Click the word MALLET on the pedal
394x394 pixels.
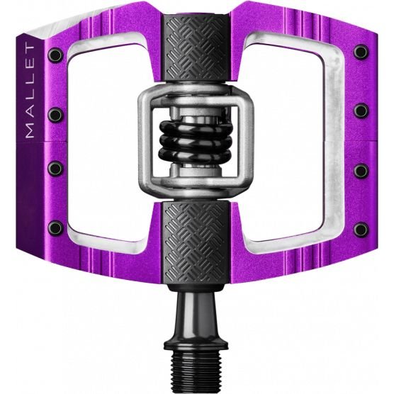pos(30,91)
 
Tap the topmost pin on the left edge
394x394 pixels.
pos(55,55)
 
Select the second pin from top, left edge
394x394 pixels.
pos(55,115)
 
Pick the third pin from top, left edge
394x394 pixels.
pos(55,168)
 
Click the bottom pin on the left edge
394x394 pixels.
pos(55,228)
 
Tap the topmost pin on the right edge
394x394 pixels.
pos(361,52)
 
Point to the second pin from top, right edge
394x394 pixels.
pos(361,111)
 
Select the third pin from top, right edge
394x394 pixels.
pos(361,171)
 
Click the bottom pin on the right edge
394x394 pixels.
pos(361,230)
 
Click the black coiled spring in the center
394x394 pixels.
pos(196,142)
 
